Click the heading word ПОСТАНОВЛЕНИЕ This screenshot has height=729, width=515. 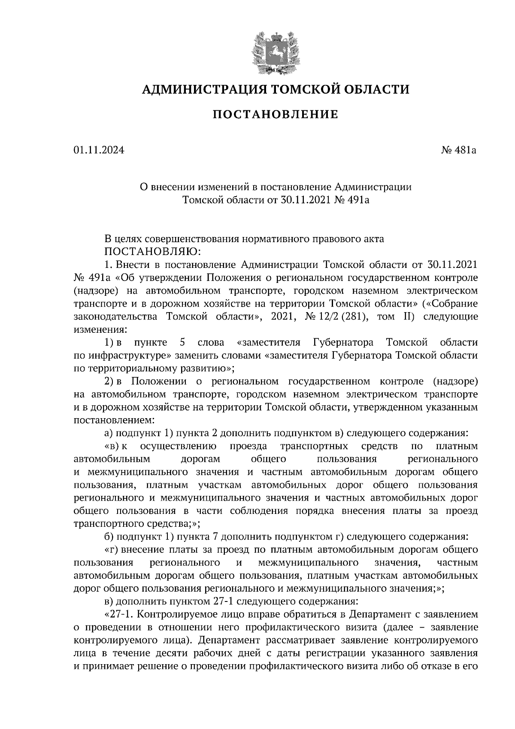[276, 115]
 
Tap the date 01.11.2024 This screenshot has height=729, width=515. [99, 151]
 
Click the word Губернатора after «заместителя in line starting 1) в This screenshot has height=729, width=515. [343, 343]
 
